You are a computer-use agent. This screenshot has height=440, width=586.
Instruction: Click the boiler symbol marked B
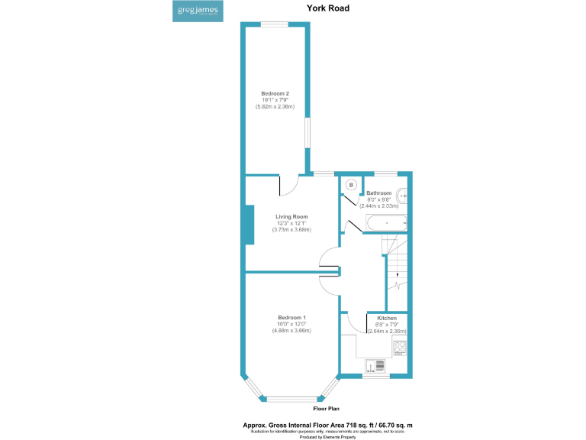coord(351,185)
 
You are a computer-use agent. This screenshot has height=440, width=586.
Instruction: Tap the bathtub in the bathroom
coord(386,223)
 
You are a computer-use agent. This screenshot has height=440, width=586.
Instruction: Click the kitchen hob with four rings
coord(400,348)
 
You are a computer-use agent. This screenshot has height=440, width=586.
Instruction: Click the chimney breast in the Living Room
coord(249,225)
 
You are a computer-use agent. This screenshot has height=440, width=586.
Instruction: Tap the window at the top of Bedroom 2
coord(275,24)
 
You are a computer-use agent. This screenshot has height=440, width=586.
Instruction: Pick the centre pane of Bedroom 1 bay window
coord(291,398)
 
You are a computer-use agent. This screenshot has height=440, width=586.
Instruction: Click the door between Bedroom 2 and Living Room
coord(289,186)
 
